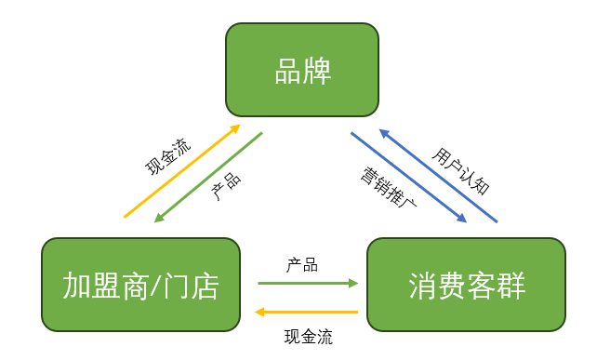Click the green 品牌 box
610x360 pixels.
(x=302, y=71)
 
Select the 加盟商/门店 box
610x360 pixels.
(x=140, y=284)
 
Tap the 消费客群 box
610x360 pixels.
(x=466, y=285)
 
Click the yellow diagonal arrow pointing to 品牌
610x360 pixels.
(x=182, y=171)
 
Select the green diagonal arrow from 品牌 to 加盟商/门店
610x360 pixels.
(x=208, y=177)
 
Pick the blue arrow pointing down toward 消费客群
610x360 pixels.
(x=407, y=178)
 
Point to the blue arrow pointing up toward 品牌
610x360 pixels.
(x=439, y=176)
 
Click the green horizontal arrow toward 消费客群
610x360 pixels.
(x=302, y=283)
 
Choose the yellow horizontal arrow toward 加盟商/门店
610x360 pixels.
(x=307, y=313)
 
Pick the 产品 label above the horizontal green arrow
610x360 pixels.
(x=302, y=266)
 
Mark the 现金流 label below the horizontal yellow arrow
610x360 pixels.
(x=308, y=336)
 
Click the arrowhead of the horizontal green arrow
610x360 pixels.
(x=353, y=283)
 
